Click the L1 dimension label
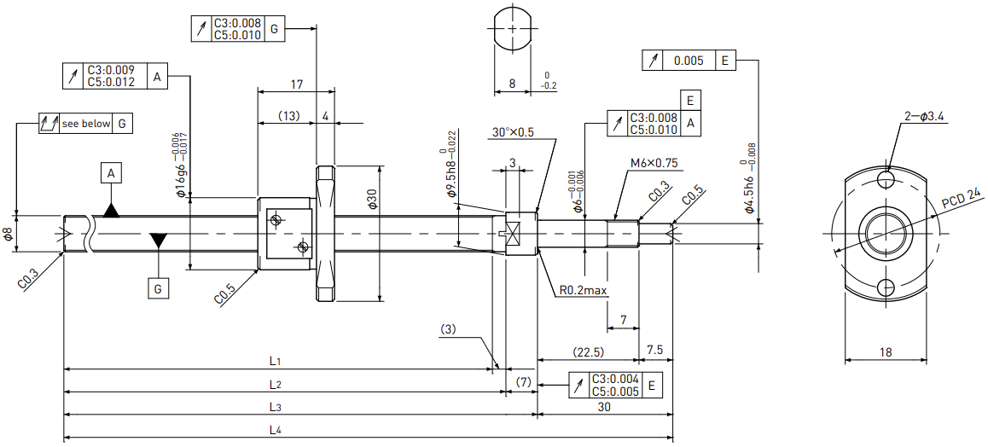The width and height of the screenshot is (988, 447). (x=274, y=362)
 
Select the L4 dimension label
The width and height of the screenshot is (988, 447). (x=274, y=431)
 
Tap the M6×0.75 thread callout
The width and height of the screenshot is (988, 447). (x=654, y=163)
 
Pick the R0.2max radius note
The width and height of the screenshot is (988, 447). (x=583, y=290)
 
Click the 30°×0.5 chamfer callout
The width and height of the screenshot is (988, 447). (x=513, y=133)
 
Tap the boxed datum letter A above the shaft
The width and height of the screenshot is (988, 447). (x=111, y=173)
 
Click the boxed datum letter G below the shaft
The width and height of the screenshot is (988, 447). (x=158, y=289)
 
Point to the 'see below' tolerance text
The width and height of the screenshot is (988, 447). (x=85, y=124)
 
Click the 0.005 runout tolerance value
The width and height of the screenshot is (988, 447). (x=689, y=61)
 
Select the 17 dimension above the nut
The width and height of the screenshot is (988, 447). (x=298, y=84)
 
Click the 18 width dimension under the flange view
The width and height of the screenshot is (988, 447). (x=886, y=352)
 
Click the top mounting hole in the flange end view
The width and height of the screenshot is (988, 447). (x=886, y=179)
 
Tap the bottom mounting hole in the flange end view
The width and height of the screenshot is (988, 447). (x=886, y=287)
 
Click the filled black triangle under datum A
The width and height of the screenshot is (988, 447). (x=111, y=211)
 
